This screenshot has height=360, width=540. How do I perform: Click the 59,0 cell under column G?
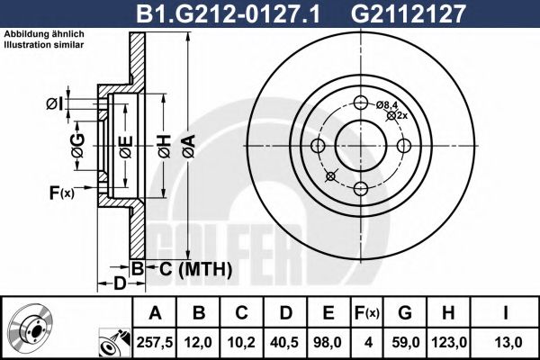click(x=405, y=342)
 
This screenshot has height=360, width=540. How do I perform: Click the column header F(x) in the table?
click(x=368, y=313)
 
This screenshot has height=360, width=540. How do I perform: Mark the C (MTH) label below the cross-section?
click(x=190, y=268)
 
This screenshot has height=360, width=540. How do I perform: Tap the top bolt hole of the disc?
click(x=361, y=103)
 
